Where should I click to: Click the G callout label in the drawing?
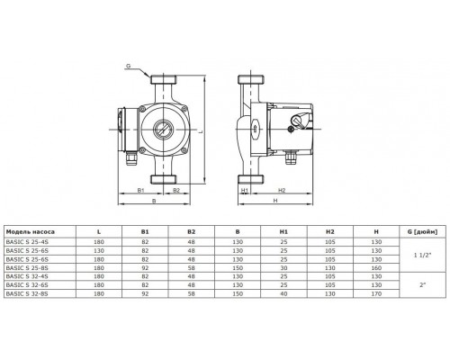coord(129,66)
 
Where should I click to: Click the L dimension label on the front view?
coord(204,132)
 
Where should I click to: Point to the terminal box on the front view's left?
coord(122,128)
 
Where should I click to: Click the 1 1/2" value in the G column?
coord(417,256)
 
